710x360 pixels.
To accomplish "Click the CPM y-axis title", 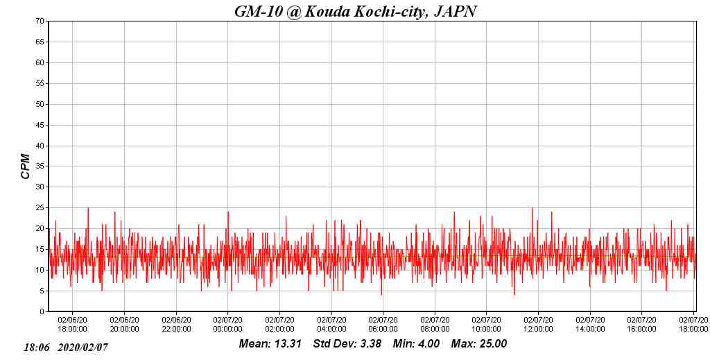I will [26, 166].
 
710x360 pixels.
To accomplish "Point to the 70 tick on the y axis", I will [40, 22].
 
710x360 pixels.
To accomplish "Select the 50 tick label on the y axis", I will [40, 104].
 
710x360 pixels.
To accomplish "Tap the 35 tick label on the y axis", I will [40, 166].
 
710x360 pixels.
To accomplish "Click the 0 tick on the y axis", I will [42, 311].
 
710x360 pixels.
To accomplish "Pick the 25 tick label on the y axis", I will [40, 208].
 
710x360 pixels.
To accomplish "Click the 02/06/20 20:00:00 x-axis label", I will [124, 325].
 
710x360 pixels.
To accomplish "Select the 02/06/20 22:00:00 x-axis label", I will [176, 325].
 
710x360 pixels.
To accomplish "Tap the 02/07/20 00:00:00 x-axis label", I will [227, 325].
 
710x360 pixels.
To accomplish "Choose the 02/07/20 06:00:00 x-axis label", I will [383, 325].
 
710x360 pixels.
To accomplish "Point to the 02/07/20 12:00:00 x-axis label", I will [538, 325].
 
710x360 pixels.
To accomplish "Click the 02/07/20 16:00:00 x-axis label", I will [641, 325].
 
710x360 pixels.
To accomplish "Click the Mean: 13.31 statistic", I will [270, 344].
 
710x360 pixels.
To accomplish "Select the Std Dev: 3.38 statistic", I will [343, 344].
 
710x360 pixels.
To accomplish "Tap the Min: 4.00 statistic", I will [416, 344].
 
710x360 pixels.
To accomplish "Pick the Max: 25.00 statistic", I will [479, 344].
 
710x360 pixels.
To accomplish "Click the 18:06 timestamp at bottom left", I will [37, 347].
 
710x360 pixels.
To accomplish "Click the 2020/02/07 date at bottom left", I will [83, 347].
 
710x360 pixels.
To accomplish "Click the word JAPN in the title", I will [455, 11].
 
